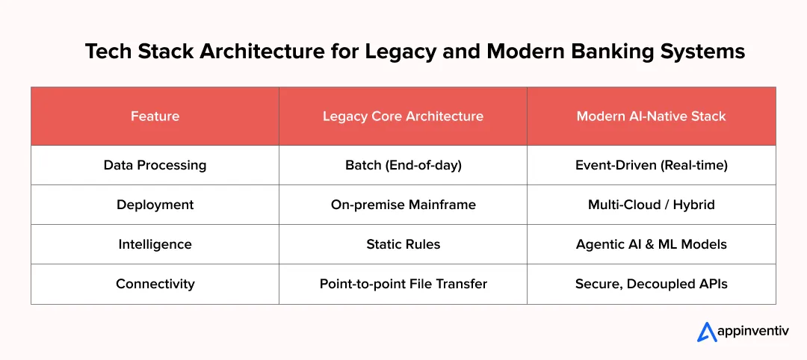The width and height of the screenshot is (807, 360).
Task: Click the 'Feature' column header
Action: (155, 116)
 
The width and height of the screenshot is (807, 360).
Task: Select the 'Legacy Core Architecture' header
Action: (403, 116)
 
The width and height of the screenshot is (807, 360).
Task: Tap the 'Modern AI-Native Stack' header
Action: (651, 116)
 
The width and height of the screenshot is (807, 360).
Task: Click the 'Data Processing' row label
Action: (155, 165)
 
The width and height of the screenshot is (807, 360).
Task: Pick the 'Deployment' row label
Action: (155, 205)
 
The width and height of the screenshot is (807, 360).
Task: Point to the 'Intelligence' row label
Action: (155, 244)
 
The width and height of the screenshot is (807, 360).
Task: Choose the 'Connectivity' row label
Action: (155, 284)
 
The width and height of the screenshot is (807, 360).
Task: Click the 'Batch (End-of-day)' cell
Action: (403, 165)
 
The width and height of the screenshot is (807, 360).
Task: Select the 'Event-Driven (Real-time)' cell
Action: (651, 165)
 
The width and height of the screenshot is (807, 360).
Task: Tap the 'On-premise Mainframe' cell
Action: (403, 205)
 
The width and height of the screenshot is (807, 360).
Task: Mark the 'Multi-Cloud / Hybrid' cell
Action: (651, 205)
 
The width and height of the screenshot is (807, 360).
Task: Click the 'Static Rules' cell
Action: (403, 244)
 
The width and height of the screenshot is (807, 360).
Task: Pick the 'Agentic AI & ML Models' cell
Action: (651, 244)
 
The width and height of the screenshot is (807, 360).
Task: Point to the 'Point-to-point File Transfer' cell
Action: (403, 284)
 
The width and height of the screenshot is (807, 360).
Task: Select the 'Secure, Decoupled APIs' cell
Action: (651, 284)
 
